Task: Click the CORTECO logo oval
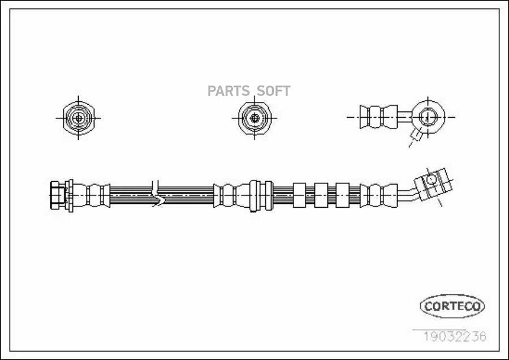452,306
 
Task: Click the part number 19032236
455,337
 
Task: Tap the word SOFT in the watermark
274,91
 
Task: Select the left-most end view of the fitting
78,118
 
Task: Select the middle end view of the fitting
255,118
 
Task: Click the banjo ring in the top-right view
427,117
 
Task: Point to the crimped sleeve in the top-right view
378,117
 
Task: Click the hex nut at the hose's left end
57,195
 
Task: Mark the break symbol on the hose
157,194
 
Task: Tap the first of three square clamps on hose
299,195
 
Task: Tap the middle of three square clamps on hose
321,195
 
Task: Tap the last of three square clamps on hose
342,195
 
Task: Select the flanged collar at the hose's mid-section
260,195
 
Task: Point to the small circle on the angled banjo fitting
432,179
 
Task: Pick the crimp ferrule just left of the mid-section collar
226,195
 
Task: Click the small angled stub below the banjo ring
416,135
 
